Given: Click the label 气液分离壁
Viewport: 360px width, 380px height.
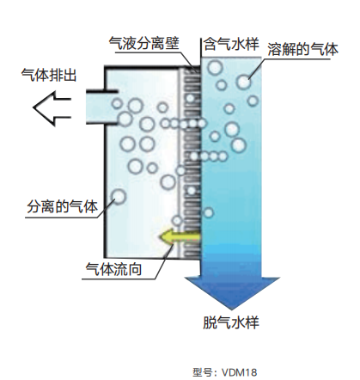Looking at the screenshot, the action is point(144,44).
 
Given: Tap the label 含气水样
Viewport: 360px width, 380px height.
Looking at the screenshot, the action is point(231,44).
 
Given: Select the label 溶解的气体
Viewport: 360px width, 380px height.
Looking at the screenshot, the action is point(303,50).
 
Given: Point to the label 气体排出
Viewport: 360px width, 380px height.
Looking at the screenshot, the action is point(49,75).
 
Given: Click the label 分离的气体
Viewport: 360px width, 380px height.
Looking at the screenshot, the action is point(62,206).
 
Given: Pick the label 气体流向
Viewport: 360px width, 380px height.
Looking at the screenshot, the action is point(113,269).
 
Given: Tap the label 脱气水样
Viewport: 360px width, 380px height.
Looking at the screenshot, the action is point(231,322).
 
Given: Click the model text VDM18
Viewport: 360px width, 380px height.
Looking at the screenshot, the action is point(240,372).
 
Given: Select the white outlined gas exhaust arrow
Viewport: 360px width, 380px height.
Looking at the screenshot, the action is point(52,108).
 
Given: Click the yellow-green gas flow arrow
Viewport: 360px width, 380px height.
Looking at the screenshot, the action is point(180,236).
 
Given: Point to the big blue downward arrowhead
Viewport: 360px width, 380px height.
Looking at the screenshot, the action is point(232,293).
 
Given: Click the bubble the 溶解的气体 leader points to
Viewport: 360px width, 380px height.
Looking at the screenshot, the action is point(244,82).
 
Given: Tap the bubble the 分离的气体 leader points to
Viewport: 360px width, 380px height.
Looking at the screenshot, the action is point(119,197).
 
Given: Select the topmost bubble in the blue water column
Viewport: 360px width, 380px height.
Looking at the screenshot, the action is point(215,68).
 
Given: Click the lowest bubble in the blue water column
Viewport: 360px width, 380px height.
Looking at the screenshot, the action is point(208,212).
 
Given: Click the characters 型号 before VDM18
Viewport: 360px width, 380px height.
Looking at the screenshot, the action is point(203,372).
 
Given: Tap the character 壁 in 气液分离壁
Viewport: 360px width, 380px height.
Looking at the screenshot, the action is point(173,44).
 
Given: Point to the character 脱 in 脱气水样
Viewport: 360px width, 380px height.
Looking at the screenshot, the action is point(211,322).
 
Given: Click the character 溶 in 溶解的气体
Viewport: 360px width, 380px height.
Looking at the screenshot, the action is point(275,50).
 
